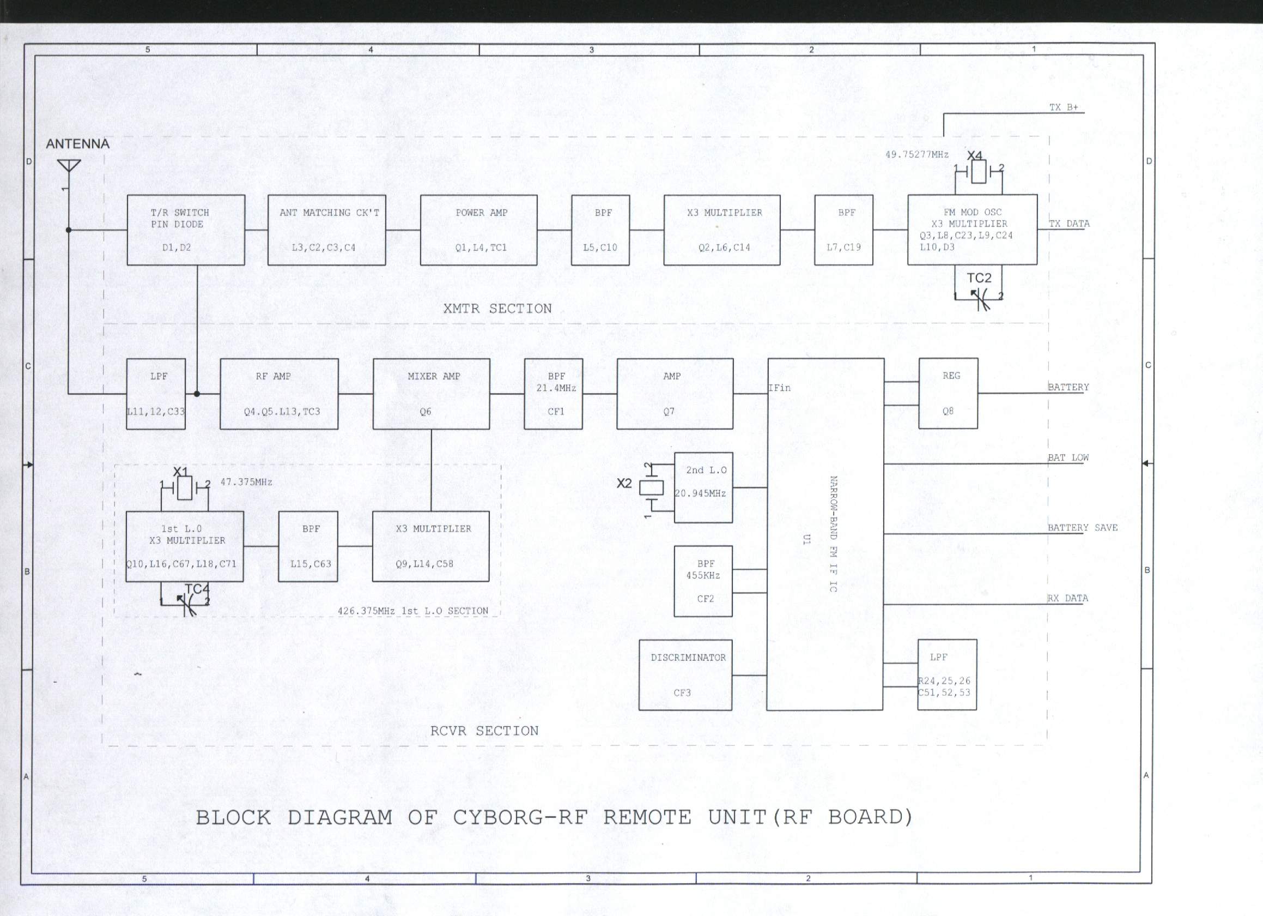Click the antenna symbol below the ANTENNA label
pyautogui.click(x=69, y=170)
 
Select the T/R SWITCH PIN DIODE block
pyautogui.click(x=186, y=230)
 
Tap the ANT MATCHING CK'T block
pyautogui.click(x=327, y=230)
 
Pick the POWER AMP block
pyautogui.click(x=479, y=230)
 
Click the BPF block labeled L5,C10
pyautogui.click(x=600, y=230)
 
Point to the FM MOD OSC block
pyautogui.click(x=972, y=230)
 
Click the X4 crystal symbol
pyautogui.click(x=979, y=171)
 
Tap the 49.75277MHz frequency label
pyautogui.click(x=917, y=154)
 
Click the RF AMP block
pyautogui.click(x=279, y=393)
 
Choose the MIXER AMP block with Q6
pyautogui.click(x=432, y=393)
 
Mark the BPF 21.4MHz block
pyautogui.click(x=554, y=393)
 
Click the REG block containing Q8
pyautogui.click(x=949, y=393)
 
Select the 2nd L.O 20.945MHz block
pyautogui.click(x=703, y=487)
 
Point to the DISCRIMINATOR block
pyautogui.click(x=685, y=675)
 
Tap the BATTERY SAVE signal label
pyautogui.click(x=1083, y=527)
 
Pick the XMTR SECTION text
pyautogui.click(x=498, y=308)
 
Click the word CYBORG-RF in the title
pyautogui.click(x=520, y=817)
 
